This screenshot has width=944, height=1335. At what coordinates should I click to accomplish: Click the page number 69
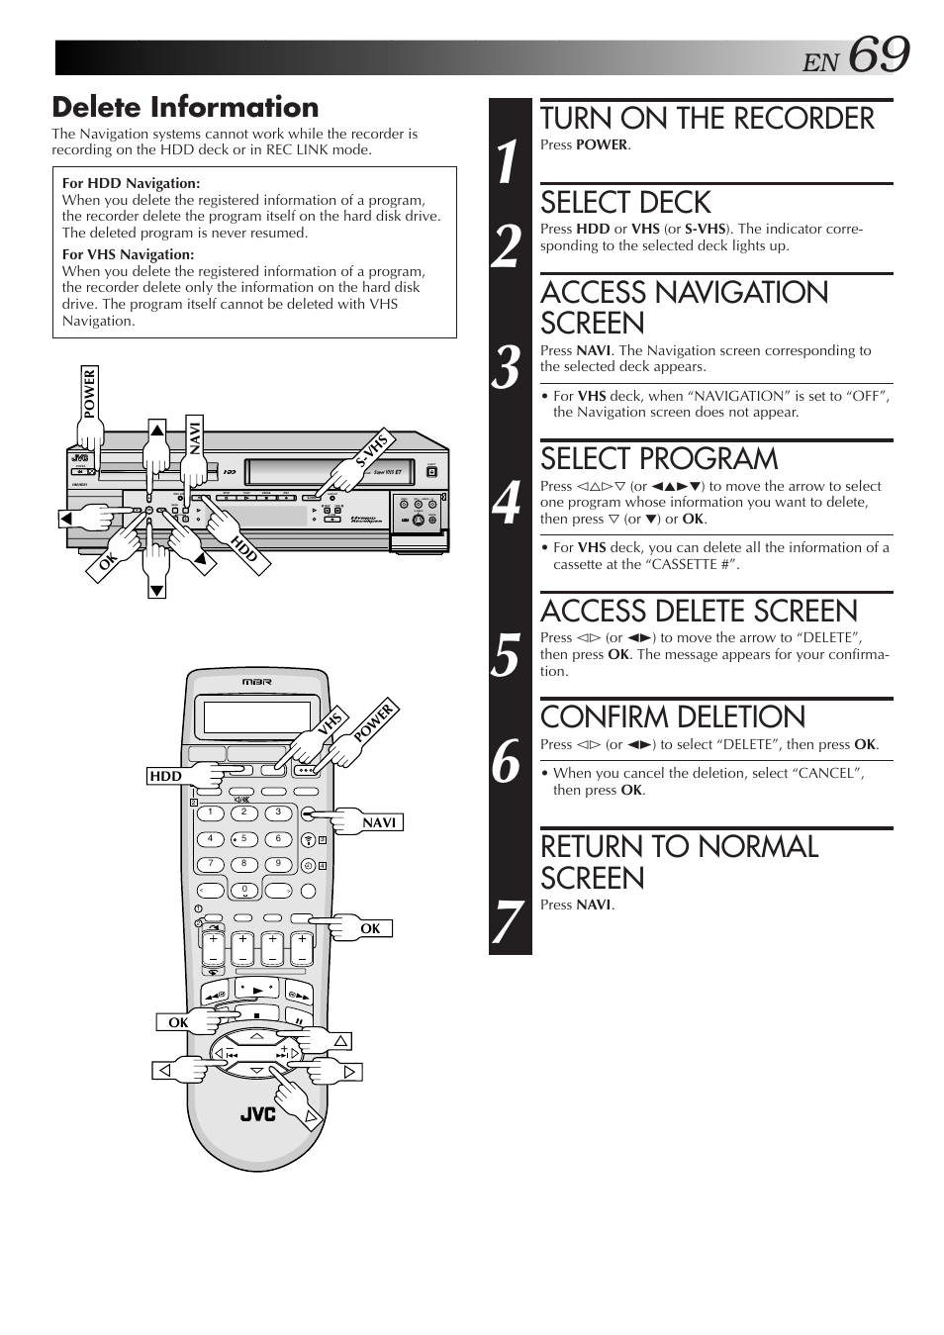click(x=877, y=55)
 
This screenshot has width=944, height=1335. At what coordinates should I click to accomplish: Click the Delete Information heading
click(x=185, y=107)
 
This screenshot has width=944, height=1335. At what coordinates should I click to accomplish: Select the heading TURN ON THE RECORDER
click(x=707, y=119)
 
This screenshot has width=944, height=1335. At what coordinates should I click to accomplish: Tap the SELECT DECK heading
click(x=625, y=203)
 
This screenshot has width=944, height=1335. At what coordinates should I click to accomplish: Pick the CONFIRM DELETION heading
click(x=673, y=717)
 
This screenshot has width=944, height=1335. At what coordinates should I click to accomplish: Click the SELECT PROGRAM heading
click(x=659, y=459)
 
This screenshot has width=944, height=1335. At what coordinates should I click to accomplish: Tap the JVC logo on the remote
click(x=257, y=1114)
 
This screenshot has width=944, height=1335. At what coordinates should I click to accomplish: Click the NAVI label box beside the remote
click(x=378, y=822)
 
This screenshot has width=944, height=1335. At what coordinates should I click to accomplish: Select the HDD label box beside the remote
click(x=166, y=777)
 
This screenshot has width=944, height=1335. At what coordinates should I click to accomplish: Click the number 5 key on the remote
click(x=243, y=838)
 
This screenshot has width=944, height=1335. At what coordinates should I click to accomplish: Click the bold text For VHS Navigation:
click(x=128, y=254)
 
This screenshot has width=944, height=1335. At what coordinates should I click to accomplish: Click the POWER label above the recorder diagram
click(x=89, y=393)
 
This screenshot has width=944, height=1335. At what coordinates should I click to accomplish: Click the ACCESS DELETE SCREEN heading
click(x=699, y=611)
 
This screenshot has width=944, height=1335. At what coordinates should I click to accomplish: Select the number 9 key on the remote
click(x=278, y=863)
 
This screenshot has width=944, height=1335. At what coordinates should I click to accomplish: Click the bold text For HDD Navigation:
click(x=131, y=183)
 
